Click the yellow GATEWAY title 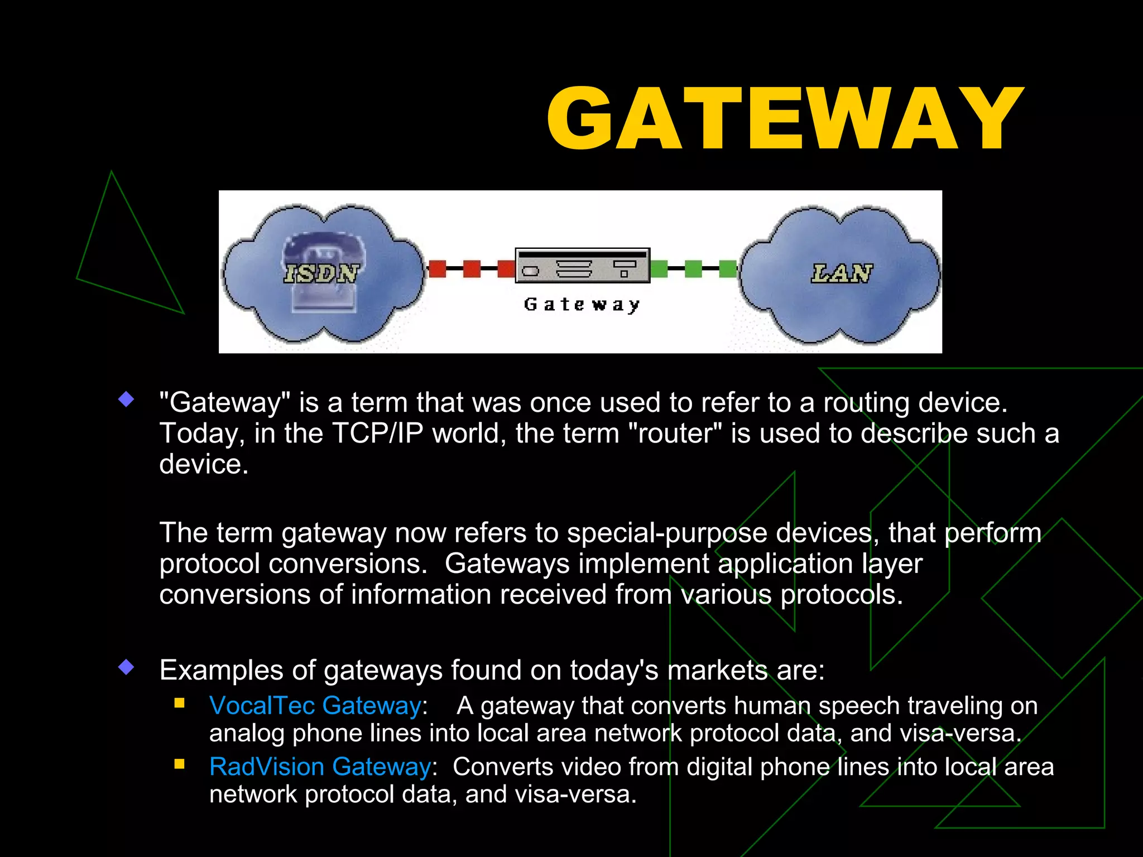tap(785, 118)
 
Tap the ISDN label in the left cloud tap(321, 273)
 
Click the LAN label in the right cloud tap(842, 273)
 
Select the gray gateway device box tap(582, 266)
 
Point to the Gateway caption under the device tap(582, 305)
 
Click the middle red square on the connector tap(472, 269)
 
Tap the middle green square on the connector tap(693, 269)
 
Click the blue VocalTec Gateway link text tap(315, 706)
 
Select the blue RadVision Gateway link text tap(320, 767)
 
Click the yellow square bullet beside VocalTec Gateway tap(180, 703)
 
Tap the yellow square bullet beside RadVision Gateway tap(180, 764)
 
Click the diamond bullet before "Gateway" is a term tap(127, 399)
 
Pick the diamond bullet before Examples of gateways tap(127, 667)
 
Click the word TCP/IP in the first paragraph tap(378, 434)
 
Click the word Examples tap(223, 670)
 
